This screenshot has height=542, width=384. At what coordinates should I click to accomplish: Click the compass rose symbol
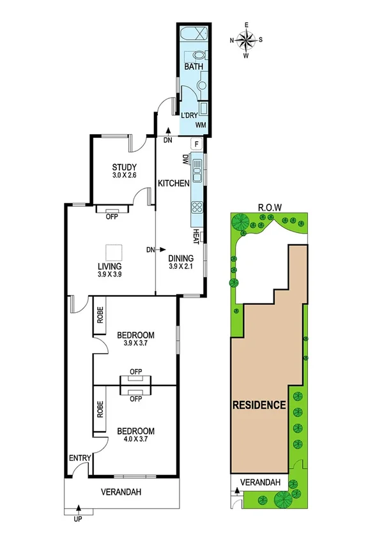[247, 40]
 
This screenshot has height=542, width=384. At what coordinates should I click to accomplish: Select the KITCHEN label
[174, 184]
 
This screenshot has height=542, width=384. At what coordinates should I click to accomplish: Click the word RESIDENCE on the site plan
[258, 405]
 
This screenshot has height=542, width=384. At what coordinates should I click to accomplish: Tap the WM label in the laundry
[201, 124]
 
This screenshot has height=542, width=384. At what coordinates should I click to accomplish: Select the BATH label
[193, 67]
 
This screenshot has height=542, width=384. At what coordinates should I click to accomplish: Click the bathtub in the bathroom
[194, 35]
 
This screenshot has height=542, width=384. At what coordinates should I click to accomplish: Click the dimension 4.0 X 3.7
[135, 439]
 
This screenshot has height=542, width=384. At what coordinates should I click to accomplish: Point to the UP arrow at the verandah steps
[79, 509]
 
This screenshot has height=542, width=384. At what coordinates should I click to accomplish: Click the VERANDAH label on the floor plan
[120, 492]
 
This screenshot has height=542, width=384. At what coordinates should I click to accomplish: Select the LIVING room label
[109, 266]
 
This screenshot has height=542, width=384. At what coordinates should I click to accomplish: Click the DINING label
[181, 259]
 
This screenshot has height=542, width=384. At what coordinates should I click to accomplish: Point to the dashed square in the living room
[114, 251]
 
